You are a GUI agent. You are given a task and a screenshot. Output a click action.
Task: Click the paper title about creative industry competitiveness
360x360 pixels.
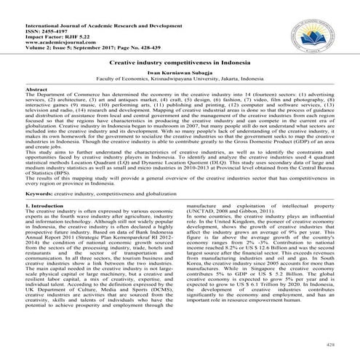pyautogui.click(x=180, y=65)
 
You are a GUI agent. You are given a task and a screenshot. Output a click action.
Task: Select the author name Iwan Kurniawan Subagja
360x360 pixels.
pyautogui.click(x=180, y=75)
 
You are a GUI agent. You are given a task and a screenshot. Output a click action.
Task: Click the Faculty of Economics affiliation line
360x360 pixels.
pyautogui.click(x=180, y=81)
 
